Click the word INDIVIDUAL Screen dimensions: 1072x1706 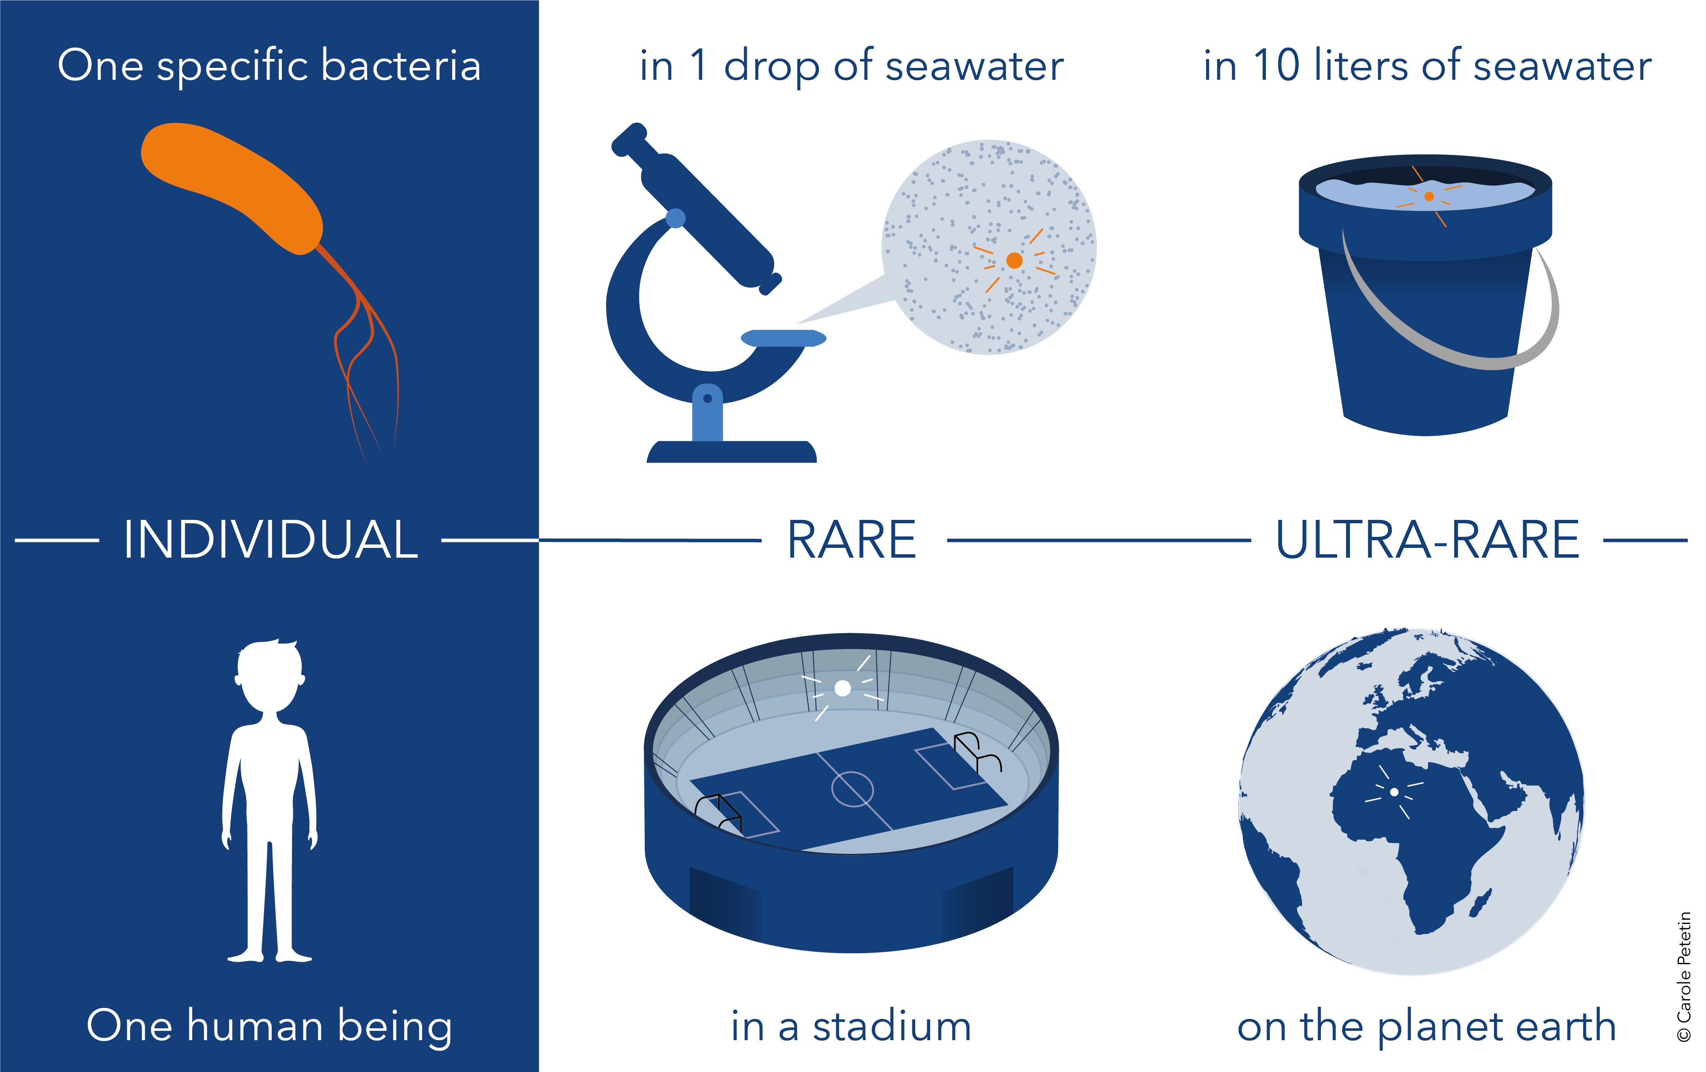[x=271, y=540]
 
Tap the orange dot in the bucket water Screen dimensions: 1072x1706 [x=1429, y=196]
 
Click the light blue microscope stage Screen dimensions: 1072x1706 [x=783, y=338]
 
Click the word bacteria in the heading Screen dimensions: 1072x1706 [x=401, y=66]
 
